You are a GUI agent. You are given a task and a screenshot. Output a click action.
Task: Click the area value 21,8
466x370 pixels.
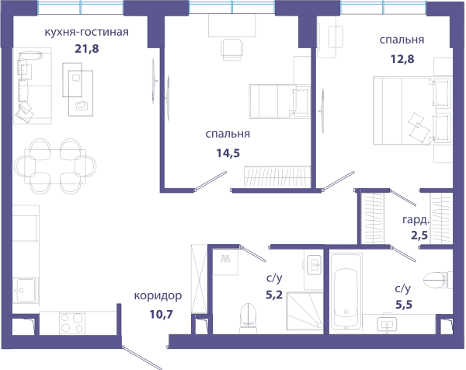point(86,48)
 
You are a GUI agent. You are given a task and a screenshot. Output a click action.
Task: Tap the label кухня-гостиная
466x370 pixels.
point(86,32)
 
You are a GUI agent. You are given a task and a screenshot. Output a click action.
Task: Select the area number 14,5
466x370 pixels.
point(228,153)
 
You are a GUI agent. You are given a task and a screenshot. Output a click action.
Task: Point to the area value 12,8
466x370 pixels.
point(402,59)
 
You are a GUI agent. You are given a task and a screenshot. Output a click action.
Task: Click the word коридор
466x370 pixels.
point(158,296)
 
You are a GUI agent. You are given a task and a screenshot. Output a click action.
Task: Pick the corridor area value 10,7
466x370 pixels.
point(161,314)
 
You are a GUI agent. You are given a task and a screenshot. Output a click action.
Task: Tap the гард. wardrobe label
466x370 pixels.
point(416,220)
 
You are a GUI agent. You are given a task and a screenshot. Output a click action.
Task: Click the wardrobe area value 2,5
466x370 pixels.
point(419,235)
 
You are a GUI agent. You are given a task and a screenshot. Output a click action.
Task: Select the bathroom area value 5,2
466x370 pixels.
point(274,295)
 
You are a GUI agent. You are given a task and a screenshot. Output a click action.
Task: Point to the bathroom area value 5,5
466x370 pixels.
point(404,304)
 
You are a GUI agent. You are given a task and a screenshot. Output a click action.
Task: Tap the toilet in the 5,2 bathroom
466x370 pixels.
point(248,318)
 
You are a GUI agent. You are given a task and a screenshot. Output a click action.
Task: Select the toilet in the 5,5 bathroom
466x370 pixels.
point(438,280)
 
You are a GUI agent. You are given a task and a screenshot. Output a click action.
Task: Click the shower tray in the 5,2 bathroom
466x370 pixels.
point(304,311)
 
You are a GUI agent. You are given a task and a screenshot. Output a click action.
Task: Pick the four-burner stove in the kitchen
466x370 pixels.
point(72,323)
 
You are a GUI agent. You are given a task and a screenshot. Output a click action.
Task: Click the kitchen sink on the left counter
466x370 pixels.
point(26,291)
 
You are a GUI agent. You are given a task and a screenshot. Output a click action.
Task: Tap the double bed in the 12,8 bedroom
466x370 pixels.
point(412,111)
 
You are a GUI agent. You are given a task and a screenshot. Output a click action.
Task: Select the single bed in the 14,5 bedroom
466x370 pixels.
point(280,101)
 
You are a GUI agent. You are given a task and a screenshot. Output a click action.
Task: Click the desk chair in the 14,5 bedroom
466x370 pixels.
point(231,50)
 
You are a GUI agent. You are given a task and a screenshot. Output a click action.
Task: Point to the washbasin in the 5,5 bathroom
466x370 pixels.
point(387,323)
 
